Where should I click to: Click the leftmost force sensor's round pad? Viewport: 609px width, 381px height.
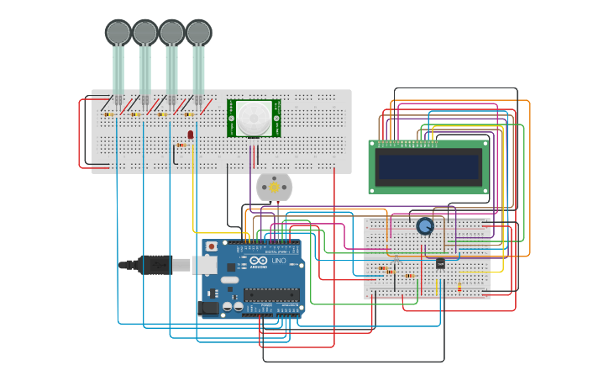pos(118,32)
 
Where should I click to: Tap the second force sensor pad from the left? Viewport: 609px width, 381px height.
pos(144,32)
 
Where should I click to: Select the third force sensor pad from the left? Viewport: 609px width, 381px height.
pos(171,32)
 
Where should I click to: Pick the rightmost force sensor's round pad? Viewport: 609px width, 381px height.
pos(198,32)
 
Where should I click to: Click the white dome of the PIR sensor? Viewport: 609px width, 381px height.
pos(254,118)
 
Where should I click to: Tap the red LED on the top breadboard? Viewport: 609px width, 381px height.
pos(191,134)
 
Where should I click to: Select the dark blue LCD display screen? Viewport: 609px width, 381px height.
pos(428,167)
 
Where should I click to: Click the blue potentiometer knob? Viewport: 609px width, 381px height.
pos(425,226)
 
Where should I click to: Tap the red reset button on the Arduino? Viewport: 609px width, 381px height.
pos(212,246)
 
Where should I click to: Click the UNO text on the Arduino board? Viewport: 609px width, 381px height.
pos(278,262)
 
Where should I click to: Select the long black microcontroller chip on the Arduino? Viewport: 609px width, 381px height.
pos(270,294)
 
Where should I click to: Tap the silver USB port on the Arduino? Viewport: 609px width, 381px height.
pos(205,265)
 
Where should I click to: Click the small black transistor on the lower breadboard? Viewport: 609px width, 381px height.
pos(440,263)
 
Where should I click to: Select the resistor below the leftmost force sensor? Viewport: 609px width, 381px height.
pos(109,114)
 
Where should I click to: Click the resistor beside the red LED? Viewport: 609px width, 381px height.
pos(181,145)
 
